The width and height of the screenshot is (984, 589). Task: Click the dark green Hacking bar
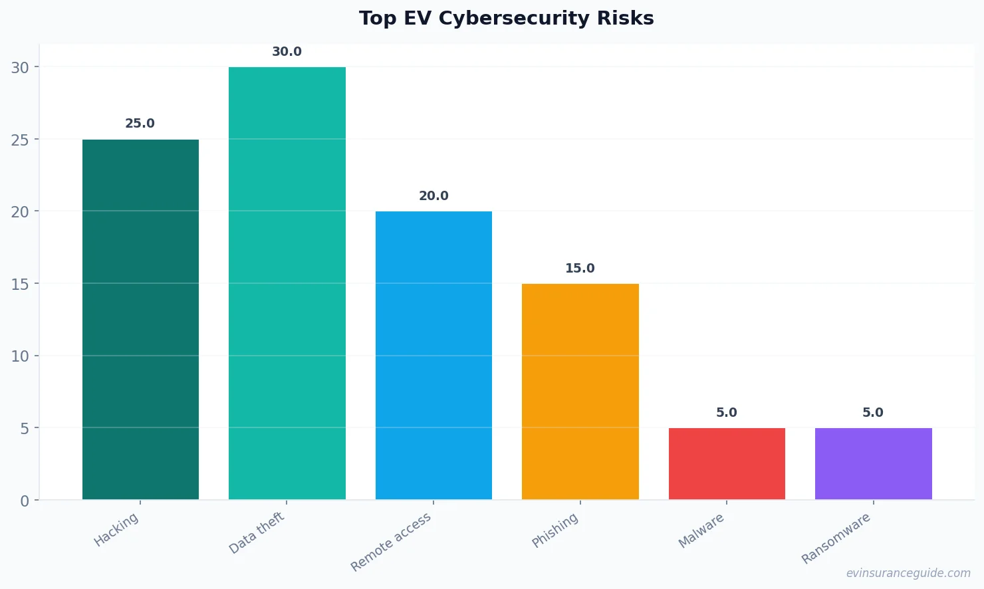[140, 319]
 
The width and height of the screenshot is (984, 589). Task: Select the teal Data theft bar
[287, 283]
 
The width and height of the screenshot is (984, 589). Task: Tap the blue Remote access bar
[433, 356]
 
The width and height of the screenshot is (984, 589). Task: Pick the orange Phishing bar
[580, 392]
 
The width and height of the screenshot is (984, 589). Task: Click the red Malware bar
[727, 464]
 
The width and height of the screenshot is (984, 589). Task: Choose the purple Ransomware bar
[873, 464]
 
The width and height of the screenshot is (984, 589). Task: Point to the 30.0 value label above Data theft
[287, 52]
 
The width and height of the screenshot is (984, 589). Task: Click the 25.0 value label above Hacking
[140, 124]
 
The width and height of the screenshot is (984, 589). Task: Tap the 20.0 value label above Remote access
[433, 196]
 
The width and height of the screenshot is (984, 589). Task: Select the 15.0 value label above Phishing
[580, 269]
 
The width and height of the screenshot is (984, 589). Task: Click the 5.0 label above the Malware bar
[726, 413]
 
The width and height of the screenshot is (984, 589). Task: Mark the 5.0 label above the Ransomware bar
[872, 413]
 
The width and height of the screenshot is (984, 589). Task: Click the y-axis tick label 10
[20, 356]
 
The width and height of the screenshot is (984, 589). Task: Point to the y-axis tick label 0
[25, 501]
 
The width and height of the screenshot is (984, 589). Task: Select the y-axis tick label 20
[20, 212]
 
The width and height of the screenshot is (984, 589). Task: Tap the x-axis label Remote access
[391, 542]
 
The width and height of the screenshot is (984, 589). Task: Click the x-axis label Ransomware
[836, 538]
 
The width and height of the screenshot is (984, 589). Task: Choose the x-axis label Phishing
[555, 530]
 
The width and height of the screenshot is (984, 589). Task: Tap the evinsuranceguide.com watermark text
[908, 573]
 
